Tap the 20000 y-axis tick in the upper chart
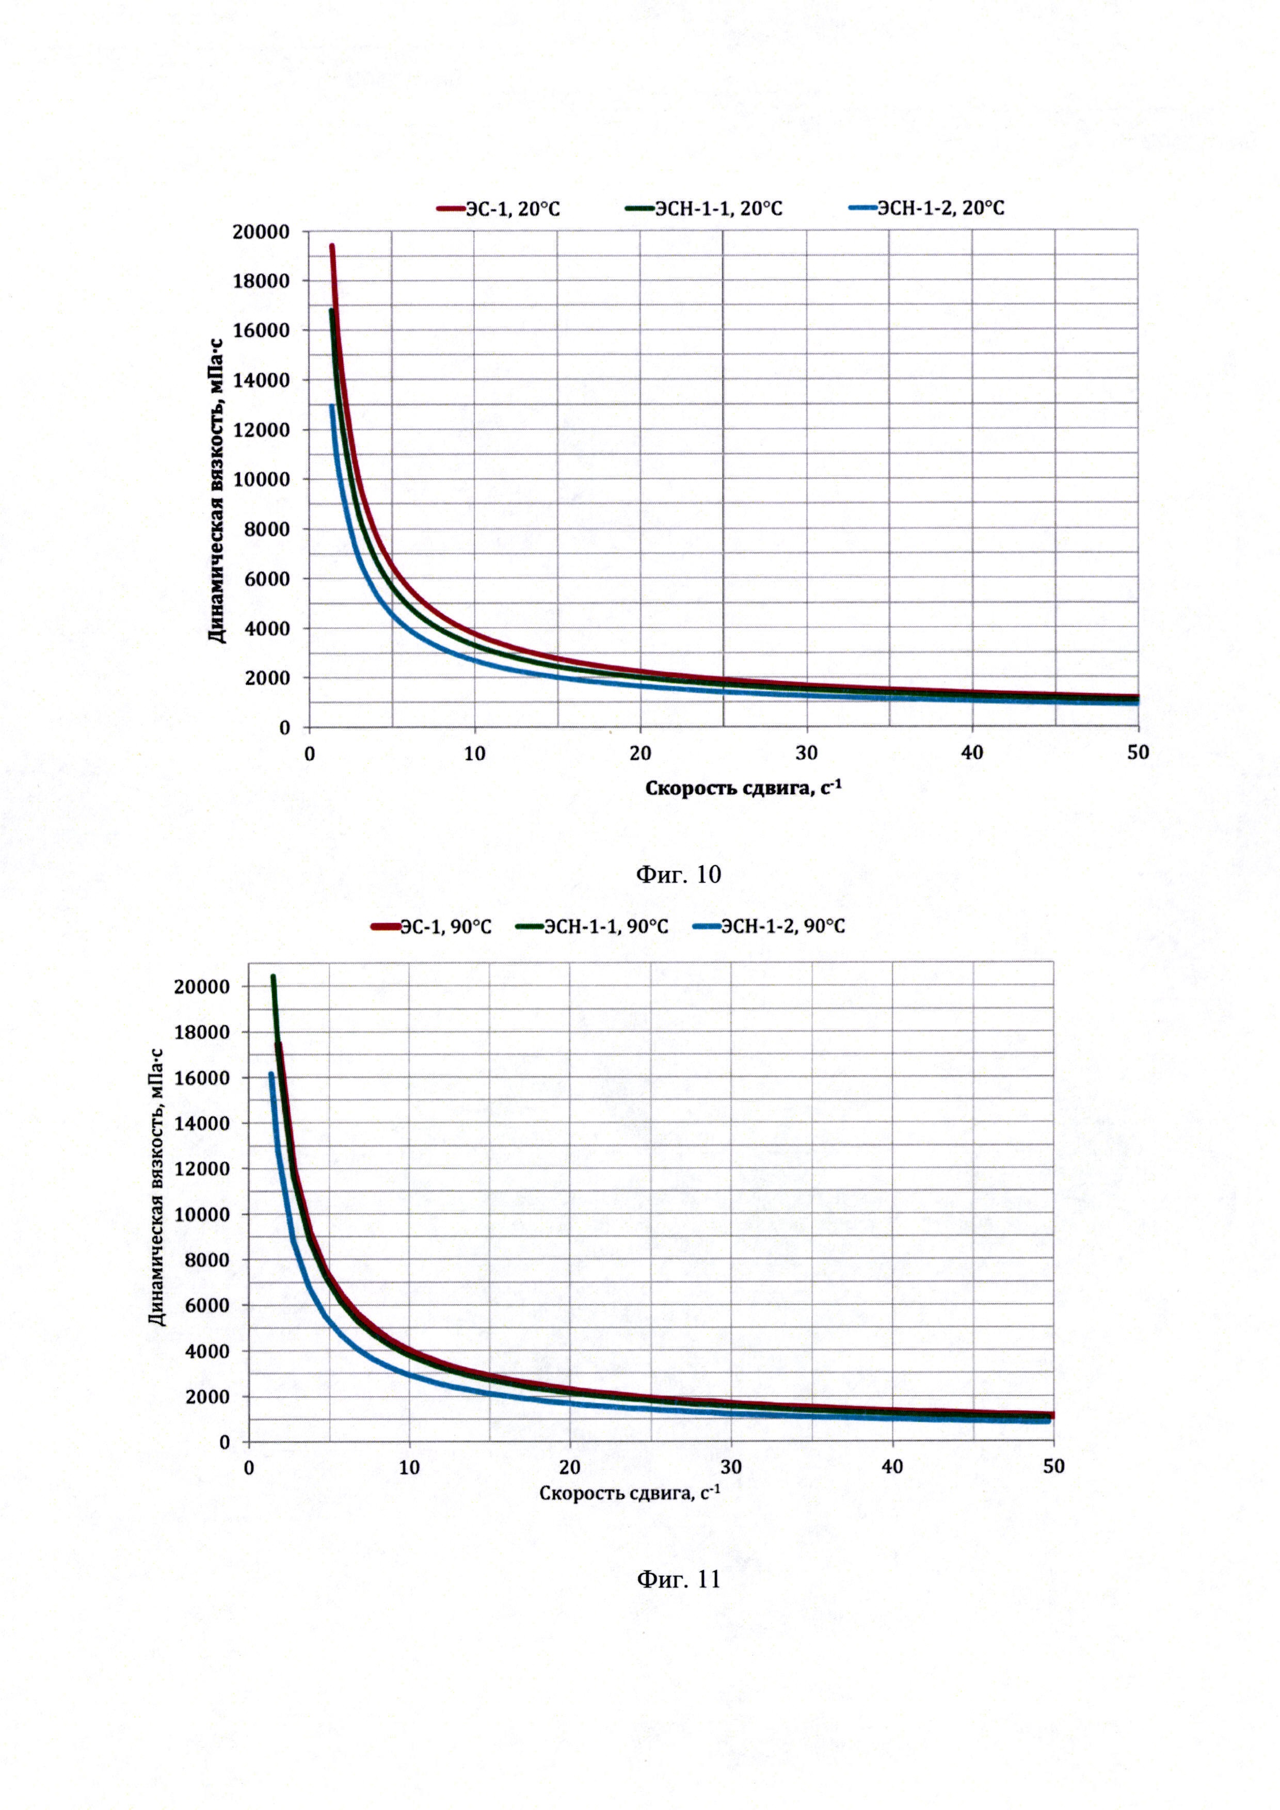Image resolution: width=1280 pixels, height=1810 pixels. click(261, 232)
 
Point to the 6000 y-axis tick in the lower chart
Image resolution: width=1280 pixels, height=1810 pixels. click(206, 1305)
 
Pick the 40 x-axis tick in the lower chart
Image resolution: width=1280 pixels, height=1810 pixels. click(892, 1467)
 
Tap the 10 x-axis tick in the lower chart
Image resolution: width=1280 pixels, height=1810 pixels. click(409, 1467)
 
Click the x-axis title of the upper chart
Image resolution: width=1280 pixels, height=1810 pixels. click(743, 788)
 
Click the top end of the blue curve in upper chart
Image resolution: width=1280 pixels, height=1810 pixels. click(332, 407)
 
